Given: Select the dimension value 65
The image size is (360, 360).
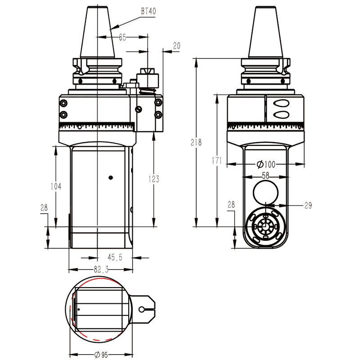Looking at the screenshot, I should (122, 38).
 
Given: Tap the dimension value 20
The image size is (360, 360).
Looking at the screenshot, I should (176, 46).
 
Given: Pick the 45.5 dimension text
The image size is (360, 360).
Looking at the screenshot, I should (115, 257).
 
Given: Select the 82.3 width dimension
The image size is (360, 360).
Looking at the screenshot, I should (101, 270).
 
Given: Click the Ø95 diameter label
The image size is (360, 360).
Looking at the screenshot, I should (101, 355).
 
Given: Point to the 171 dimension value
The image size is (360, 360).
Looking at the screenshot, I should (217, 160).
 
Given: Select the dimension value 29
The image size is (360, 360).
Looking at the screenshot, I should (308, 205).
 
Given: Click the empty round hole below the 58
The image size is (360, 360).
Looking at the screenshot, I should (265, 193).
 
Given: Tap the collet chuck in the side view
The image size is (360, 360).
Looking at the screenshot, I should (265, 225).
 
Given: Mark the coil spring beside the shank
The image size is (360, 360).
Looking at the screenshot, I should (149, 91).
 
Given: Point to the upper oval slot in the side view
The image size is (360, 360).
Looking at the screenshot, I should (281, 103).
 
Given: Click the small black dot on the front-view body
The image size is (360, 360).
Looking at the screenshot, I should (111, 178).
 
